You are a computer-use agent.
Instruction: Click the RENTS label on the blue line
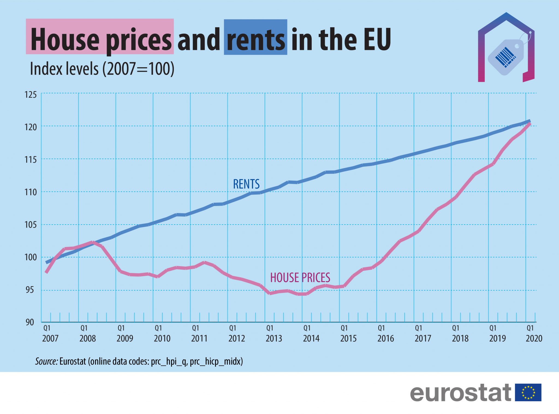click(246, 184)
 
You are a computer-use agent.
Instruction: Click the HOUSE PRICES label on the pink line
click(300, 278)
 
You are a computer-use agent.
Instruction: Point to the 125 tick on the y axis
click(31, 95)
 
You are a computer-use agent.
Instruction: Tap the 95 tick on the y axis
click(30, 290)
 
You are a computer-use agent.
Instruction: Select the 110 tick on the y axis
click(31, 192)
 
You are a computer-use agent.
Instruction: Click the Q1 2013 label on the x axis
click(274, 333)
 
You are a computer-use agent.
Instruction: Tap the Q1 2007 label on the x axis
click(50, 333)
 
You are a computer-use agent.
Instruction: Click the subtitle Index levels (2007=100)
click(102, 69)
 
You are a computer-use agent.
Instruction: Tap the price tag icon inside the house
click(506, 57)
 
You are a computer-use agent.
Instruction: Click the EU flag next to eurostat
click(528, 392)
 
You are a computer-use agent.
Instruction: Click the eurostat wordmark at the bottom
click(460, 393)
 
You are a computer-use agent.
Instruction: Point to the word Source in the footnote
click(46, 362)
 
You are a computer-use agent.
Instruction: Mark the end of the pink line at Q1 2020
click(530, 124)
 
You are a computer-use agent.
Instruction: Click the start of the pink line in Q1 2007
click(46, 272)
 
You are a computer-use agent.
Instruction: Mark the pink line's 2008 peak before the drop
click(92, 242)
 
